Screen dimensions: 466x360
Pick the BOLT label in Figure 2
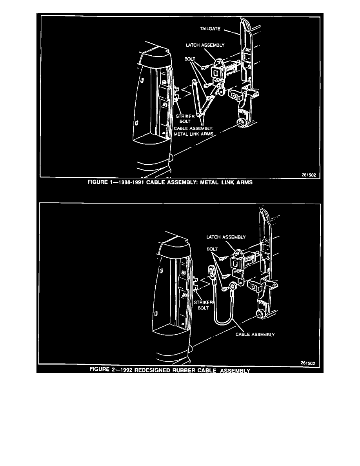pos(213,249)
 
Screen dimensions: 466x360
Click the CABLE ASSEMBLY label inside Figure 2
pos(255,335)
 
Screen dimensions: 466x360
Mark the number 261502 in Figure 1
pos(309,176)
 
